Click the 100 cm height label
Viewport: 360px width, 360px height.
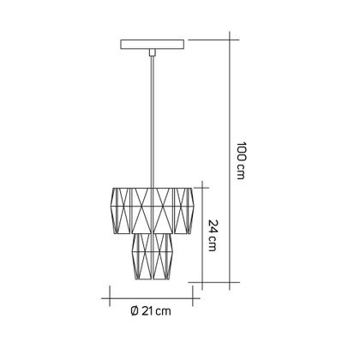241,160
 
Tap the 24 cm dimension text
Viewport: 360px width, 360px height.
213,235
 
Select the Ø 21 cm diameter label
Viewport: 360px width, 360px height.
151,311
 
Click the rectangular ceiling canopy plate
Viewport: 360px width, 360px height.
153,45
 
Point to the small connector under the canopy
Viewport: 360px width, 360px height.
153,52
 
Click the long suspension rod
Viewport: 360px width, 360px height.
153,122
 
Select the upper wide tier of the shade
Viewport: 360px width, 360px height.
153,211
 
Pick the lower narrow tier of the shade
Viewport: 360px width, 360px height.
153,256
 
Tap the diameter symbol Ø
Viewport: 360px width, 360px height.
135,311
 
